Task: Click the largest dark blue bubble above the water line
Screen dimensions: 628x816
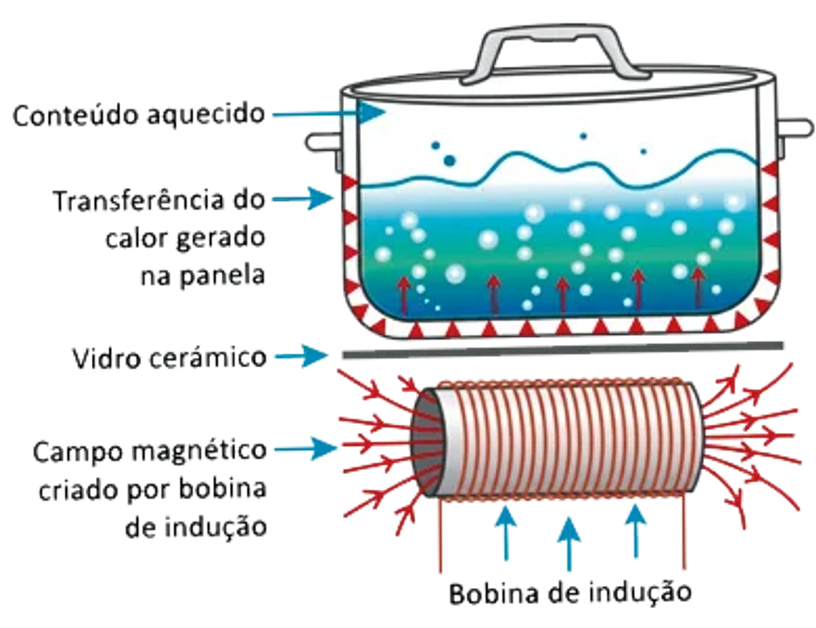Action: [x=449, y=161]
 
